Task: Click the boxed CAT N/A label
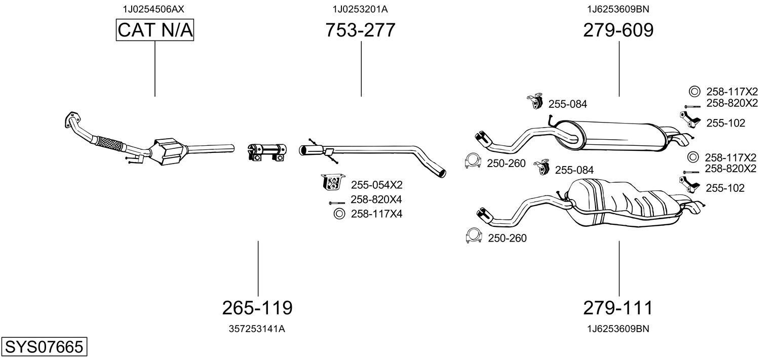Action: [154, 30]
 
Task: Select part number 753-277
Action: [360, 30]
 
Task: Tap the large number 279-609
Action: [618, 30]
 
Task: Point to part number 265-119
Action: [257, 307]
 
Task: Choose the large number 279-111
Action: [618, 307]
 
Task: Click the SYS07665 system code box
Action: [44, 347]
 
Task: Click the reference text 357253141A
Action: [257, 329]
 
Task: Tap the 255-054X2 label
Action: [376, 184]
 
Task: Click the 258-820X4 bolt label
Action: [376, 199]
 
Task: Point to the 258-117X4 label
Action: [376, 214]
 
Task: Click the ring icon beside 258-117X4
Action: [338, 214]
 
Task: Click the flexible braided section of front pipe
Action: [108, 143]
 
